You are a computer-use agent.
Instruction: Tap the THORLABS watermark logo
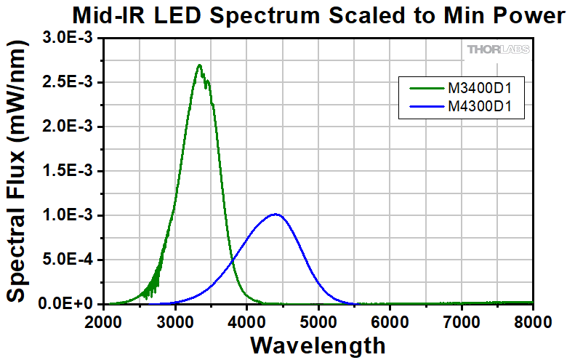[x=498, y=49]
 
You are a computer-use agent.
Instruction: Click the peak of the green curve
[x=199, y=65]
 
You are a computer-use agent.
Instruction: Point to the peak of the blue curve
[x=276, y=214]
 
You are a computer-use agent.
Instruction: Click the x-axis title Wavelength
[x=318, y=343]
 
